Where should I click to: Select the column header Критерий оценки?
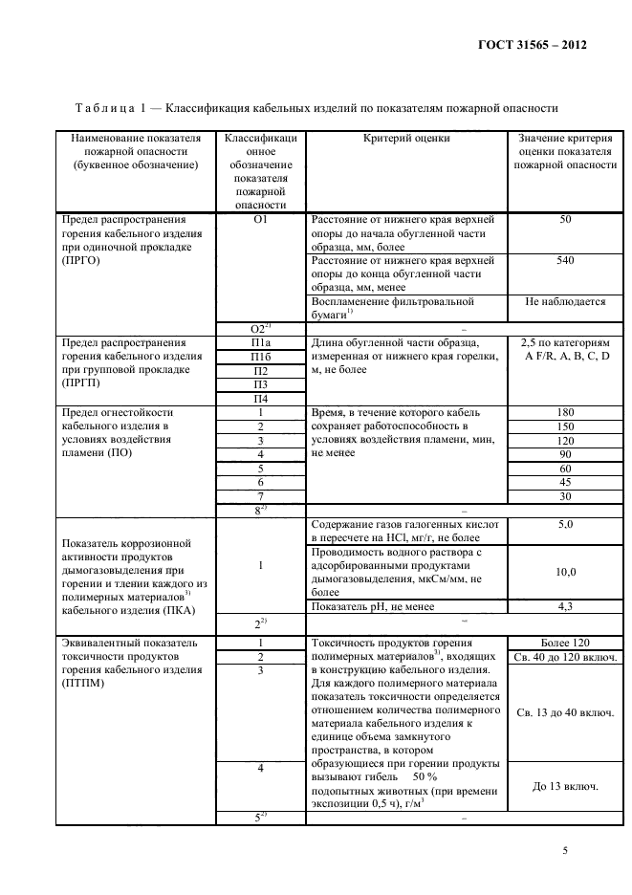(x=406, y=139)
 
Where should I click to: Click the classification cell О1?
(x=260, y=220)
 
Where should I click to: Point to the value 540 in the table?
(x=564, y=259)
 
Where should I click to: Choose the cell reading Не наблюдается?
(x=565, y=301)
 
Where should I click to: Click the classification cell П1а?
(x=260, y=341)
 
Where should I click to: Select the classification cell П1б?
(x=260, y=356)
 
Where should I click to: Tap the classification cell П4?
(x=260, y=398)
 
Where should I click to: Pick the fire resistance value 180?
(x=564, y=412)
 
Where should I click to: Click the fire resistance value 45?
(x=564, y=483)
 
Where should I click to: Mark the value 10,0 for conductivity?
(x=564, y=571)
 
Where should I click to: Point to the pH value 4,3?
(x=564, y=605)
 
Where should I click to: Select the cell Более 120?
(x=564, y=643)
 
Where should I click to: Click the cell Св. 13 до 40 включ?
(x=564, y=712)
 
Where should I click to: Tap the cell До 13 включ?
(x=564, y=786)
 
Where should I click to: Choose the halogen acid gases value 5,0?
(x=564, y=525)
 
